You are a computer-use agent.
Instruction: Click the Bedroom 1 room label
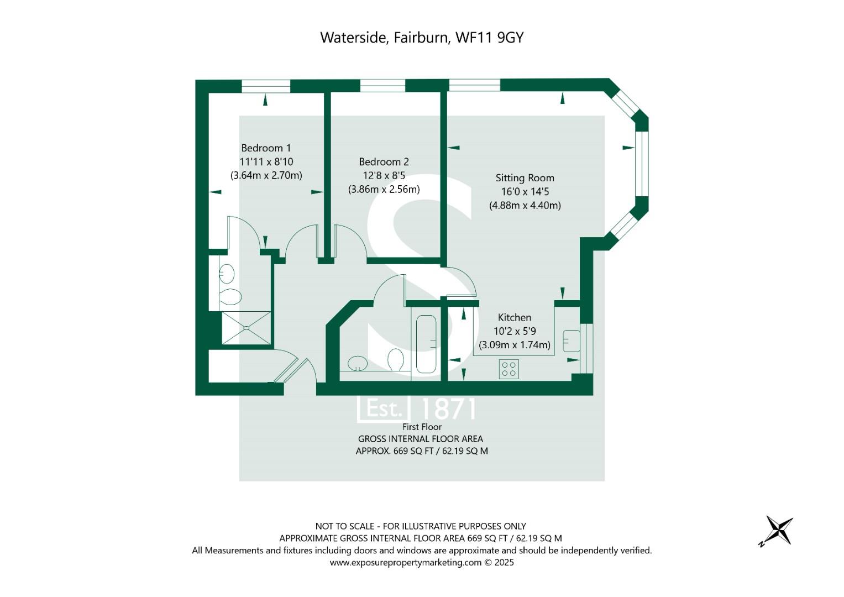click(x=266, y=148)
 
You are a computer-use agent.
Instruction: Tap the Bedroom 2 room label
click(x=384, y=161)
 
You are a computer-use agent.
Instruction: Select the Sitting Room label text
click(x=525, y=178)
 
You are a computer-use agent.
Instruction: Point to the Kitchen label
click(x=515, y=317)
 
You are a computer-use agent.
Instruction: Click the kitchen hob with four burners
click(x=509, y=369)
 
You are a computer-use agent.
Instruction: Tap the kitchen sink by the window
click(x=571, y=341)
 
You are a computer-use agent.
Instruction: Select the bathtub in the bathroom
click(x=426, y=344)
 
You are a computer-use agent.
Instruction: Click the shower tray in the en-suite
click(x=246, y=327)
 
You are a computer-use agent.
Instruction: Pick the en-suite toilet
click(x=230, y=297)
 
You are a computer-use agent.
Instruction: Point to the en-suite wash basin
click(x=227, y=274)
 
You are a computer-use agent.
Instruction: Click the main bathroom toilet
click(x=395, y=360)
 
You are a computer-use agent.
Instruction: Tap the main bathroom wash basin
click(x=357, y=363)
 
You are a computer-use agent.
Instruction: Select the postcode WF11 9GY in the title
click(x=490, y=38)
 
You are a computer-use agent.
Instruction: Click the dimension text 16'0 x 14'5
click(x=525, y=191)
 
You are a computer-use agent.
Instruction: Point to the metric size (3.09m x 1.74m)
click(x=515, y=345)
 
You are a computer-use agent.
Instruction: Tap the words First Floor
click(x=422, y=427)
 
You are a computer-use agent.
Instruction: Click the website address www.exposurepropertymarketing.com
click(x=406, y=562)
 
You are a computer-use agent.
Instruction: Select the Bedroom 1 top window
click(x=266, y=86)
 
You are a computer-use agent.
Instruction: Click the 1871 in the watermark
click(x=447, y=409)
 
